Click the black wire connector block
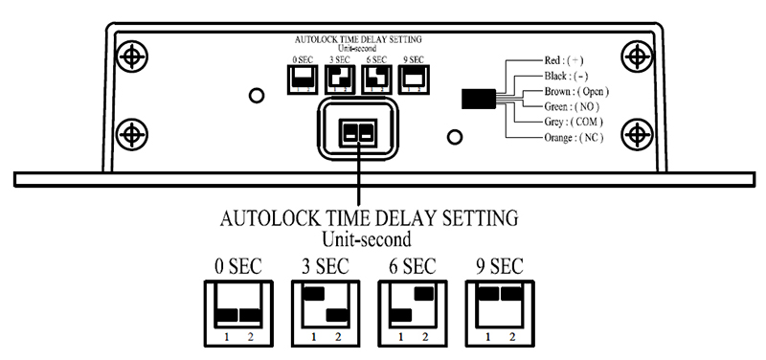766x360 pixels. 478,99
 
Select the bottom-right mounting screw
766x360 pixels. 635,131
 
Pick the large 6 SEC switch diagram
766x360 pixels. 411,312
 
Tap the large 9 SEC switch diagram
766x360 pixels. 500,312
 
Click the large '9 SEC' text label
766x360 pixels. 500,265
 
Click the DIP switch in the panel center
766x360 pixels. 358,132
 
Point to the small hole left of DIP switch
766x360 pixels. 256,96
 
